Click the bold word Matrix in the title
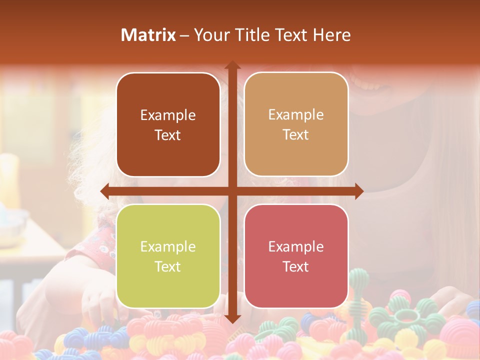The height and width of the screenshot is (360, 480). click(x=148, y=35)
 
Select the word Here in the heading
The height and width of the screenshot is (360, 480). click(x=332, y=35)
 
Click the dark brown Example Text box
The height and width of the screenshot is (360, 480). click(x=168, y=124)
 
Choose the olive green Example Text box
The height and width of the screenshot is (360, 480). click(x=168, y=256)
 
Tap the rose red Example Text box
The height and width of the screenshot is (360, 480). click(x=296, y=256)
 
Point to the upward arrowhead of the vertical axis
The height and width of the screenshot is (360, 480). click(x=232, y=65)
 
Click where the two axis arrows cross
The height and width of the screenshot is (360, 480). click(x=232, y=191)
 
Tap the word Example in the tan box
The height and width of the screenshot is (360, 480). click(x=296, y=114)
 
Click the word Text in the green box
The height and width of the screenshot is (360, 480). click(x=168, y=266)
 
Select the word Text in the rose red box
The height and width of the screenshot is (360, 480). click(x=296, y=266)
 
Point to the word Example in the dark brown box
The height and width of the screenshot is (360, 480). click(x=168, y=115)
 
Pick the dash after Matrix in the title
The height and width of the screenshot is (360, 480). click(x=184, y=35)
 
